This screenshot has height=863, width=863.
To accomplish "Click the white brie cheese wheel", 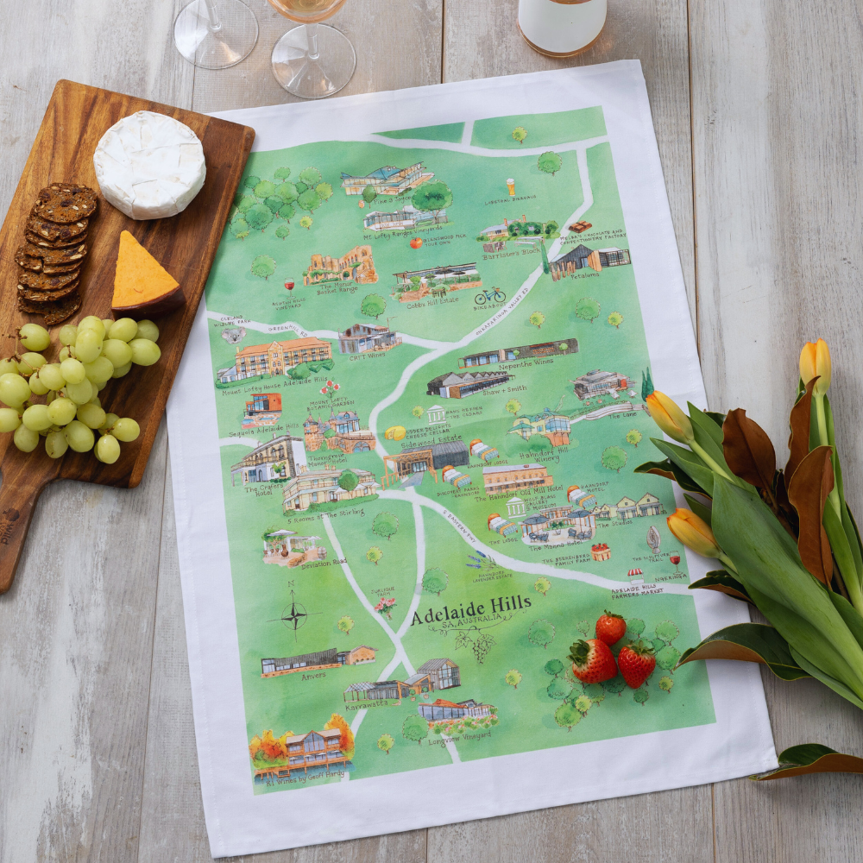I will click(149, 164).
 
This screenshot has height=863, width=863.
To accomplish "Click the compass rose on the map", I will click(293, 616).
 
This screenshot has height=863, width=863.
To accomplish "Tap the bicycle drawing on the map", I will click(489, 294).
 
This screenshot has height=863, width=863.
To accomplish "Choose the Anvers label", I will click(313, 676).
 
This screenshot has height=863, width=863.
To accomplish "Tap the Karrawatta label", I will click(372, 704).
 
